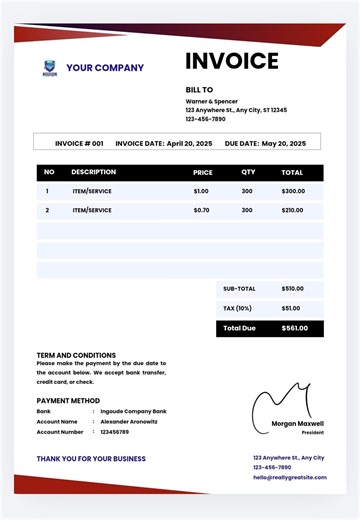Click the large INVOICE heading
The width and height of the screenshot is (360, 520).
[x=231, y=61]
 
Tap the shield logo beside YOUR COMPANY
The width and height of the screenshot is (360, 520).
[x=50, y=68]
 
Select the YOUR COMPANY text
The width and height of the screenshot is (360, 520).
[x=105, y=68]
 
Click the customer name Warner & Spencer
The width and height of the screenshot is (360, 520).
[x=212, y=100]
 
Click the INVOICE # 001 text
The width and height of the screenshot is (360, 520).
[x=79, y=143]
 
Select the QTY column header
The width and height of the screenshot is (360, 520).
[x=248, y=172]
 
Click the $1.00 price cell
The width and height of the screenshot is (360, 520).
[x=201, y=190]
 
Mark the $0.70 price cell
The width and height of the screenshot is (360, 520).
[x=201, y=210]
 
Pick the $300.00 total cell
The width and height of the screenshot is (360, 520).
[x=293, y=190]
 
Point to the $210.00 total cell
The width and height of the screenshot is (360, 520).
[x=293, y=210]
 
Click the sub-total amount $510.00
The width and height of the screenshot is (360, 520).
[x=292, y=288]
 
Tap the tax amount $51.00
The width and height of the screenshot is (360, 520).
[x=291, y=308]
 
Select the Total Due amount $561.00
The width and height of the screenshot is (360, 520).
[x=295, y=328]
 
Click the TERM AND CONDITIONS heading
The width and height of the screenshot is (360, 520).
[x=76, y=355]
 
